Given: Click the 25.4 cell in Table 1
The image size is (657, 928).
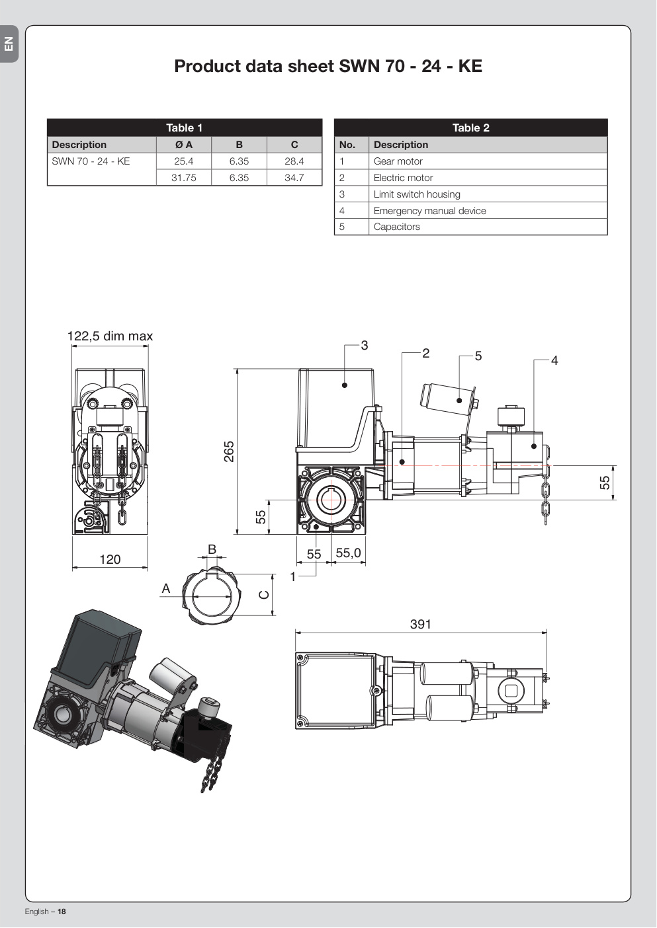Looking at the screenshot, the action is pyautogui.click(x=183, y=161).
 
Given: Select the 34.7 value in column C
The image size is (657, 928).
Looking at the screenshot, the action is pyautogui.click(x=294, y=178).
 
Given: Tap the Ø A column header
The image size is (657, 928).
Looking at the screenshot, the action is pyautogui.click(x=184, y=145).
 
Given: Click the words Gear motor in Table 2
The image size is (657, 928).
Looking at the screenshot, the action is pyautogui.click(x=398, y=161).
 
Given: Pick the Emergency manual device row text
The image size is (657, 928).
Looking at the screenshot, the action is pyautogui.click(x=429, y=210).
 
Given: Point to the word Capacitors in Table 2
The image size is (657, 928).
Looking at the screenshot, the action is pyautogui.click(x=396, y=227).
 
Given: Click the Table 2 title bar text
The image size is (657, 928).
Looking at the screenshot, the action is pyautogui.click(x=471, y=128).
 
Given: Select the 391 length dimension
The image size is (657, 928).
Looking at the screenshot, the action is pyautogui.click(x=421, y=624).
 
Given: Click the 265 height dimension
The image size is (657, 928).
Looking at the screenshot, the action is pyautogui.click(x=229, y=451).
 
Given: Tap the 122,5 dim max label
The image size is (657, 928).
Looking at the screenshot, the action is pyautogui.click(x=110, y=336).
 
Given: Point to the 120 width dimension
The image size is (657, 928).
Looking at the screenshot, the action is pyautogui.click(x=110, y=559).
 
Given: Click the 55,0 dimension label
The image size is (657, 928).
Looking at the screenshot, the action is pyautogui.click(x=349, y=553).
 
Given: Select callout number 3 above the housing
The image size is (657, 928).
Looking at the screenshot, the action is pyautogui.click(x=365, y=346).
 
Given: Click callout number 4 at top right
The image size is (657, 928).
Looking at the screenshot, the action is pyautogui.click(x=554, y=360).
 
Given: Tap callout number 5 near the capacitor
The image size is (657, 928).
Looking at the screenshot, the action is pyautogui.click(x=478, y=356).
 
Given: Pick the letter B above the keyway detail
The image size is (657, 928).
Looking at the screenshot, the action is pyautogui.click(x=212, y=549).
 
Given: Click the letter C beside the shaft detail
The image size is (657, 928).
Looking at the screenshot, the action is pyautogui.click(x=264, y=595).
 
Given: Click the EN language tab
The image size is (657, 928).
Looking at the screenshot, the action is pyautogui.click(x=9, y=44).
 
